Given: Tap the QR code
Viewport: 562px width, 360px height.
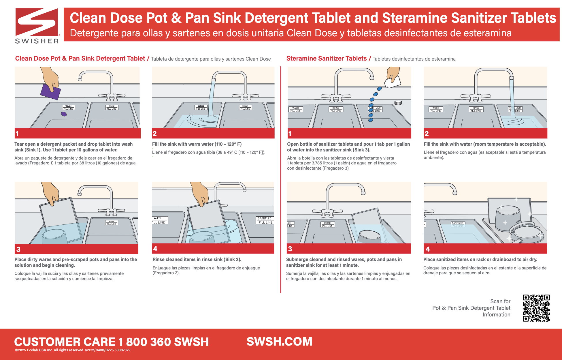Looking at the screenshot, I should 536,308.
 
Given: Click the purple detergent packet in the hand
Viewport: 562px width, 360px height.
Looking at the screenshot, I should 50,91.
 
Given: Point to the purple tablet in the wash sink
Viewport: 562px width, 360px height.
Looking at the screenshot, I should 64,114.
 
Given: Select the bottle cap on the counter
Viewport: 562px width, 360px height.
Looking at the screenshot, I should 398,103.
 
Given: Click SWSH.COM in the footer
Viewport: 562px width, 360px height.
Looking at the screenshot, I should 279,342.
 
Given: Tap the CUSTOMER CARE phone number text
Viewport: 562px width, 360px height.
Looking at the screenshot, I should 111,342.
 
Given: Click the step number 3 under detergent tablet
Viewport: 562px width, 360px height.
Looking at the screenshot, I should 18,249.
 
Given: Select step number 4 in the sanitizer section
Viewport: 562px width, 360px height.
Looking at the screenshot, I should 428,249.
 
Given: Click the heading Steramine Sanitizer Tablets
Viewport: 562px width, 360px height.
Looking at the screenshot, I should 326,59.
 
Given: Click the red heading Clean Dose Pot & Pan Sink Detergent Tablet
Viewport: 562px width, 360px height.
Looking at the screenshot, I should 80,59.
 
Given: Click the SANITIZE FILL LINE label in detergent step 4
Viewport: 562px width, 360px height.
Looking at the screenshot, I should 265,220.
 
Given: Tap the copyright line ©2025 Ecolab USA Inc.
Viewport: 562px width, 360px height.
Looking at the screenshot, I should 73,350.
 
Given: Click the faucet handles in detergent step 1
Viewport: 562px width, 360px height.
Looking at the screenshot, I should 112,96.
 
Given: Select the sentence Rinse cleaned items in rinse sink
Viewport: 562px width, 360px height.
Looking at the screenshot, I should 197,259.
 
